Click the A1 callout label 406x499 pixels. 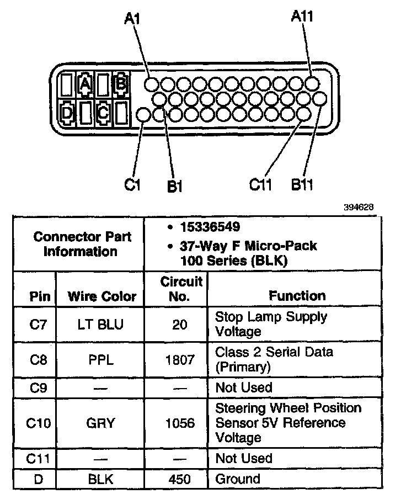point(132,19)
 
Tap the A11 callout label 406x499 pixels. point(302,17)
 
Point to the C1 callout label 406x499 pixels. point(132,184)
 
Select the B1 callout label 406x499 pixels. point(174,186)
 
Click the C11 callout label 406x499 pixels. point(261,184)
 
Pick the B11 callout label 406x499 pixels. point(302,184)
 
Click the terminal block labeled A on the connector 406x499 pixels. point(85,84)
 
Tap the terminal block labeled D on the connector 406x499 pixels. point(67,113)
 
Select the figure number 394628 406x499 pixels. point(359,207)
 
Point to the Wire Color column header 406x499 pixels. point(101,296)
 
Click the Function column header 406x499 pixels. point(297,296)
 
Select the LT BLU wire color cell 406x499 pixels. point(101,325)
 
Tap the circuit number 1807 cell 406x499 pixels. point(180,360)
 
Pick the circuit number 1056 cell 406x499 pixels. point(180,423)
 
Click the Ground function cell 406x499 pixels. point(238,479)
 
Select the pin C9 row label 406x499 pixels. point(38,388)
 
